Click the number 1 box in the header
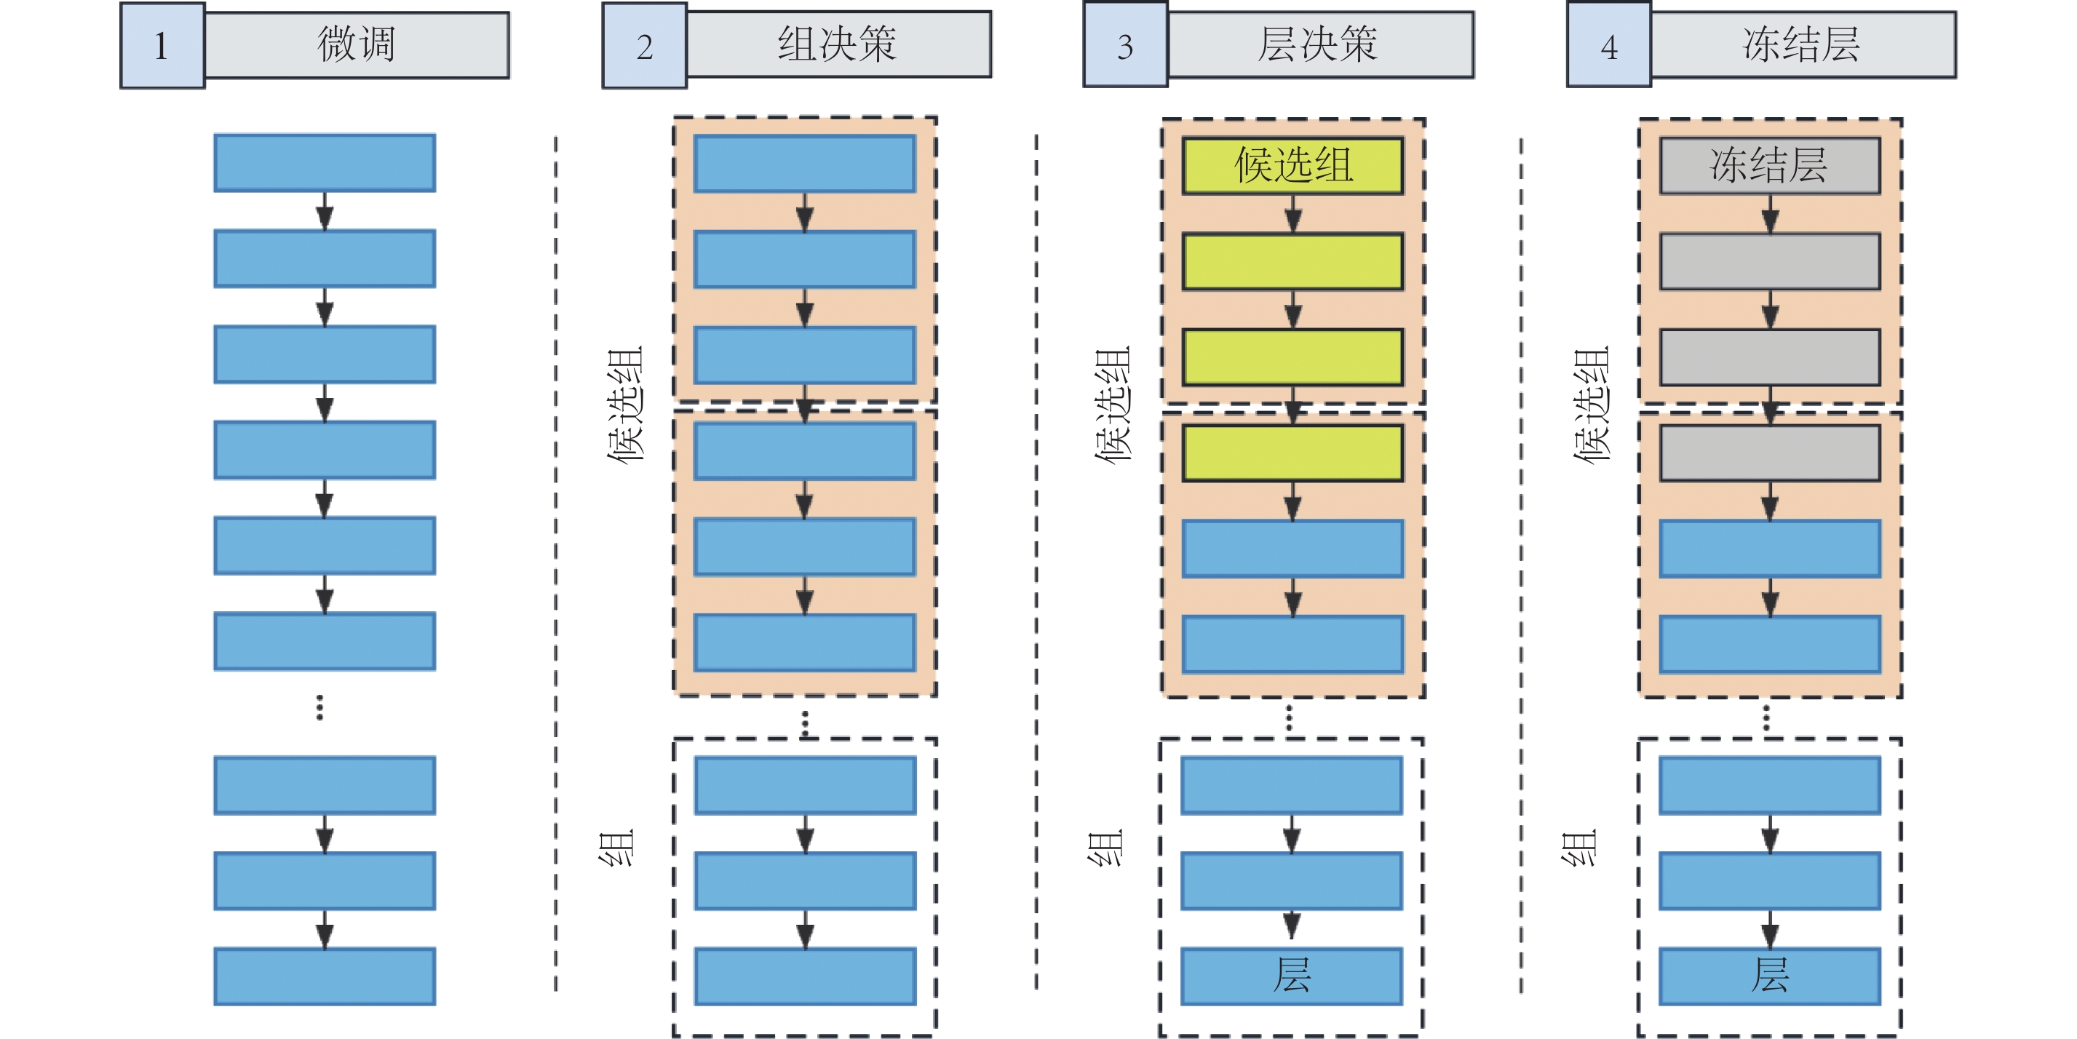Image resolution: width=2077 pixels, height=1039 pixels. (x=162, y=46)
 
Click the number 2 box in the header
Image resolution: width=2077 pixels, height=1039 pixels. (x=644, y=46)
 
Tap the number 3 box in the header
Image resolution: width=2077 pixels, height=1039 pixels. (x=1126, y=46)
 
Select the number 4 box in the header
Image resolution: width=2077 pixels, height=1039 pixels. (x=1608, y=46)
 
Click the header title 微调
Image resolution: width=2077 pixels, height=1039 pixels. (x=357, y=44)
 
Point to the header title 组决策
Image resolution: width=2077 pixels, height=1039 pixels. (x=838, y=44)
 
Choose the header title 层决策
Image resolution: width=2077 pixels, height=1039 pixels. (x=1319, y=44)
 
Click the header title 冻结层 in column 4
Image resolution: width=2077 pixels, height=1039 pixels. (x=1802, y=44)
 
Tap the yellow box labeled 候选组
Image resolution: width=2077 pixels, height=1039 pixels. (x=1293, y=165)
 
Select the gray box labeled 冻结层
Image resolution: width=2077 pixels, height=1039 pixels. (x=1770, y=165)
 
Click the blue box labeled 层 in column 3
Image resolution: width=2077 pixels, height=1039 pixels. (x=1292, y=975)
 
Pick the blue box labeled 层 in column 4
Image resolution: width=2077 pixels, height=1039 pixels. (x=1770, y=975)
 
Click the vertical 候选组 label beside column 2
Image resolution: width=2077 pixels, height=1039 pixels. (x=626, y=404)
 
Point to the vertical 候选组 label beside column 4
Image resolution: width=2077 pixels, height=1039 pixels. (x=1591, y=404)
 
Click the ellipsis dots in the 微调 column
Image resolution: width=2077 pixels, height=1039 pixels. (x=320, y=707)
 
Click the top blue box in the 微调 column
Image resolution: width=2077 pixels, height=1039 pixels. (x=325, y=163)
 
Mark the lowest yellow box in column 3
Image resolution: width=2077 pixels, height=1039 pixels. (x=1293, y=453)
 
